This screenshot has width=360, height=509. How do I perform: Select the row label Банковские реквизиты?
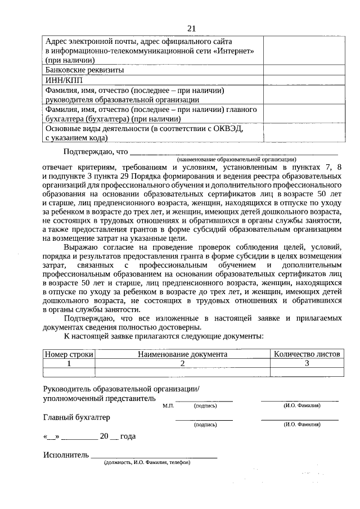pyautogui.click(x=84, y=70)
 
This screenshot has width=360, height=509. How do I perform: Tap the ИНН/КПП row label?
pyautogui.click(x=62, y=80)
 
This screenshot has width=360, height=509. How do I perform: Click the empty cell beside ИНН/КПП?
pyautogui.click(x=303, y=80)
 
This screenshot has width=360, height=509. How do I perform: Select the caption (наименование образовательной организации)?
pyautogui.click(x=237, y=160)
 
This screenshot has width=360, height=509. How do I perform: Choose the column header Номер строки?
pyautogui.click(x=69, y=354)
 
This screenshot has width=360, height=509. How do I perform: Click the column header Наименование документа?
pyautogui.click(x=182, y=354)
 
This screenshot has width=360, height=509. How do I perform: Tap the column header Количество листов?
pyautogui.click(x=307, y=354)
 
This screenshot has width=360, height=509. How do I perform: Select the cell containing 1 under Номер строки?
pyautogui.click(x=69, y=363)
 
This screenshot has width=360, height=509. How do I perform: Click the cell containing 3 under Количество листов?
pyautogui.click(x=307, y=363)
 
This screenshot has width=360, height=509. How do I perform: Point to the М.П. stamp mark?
pyautogui.click(x=168, y=405)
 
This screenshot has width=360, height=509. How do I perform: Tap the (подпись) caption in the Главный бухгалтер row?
pyautogui.click(x=205, y=425)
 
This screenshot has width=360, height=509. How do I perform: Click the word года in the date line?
pyautogui.click(x=127, y=436)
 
